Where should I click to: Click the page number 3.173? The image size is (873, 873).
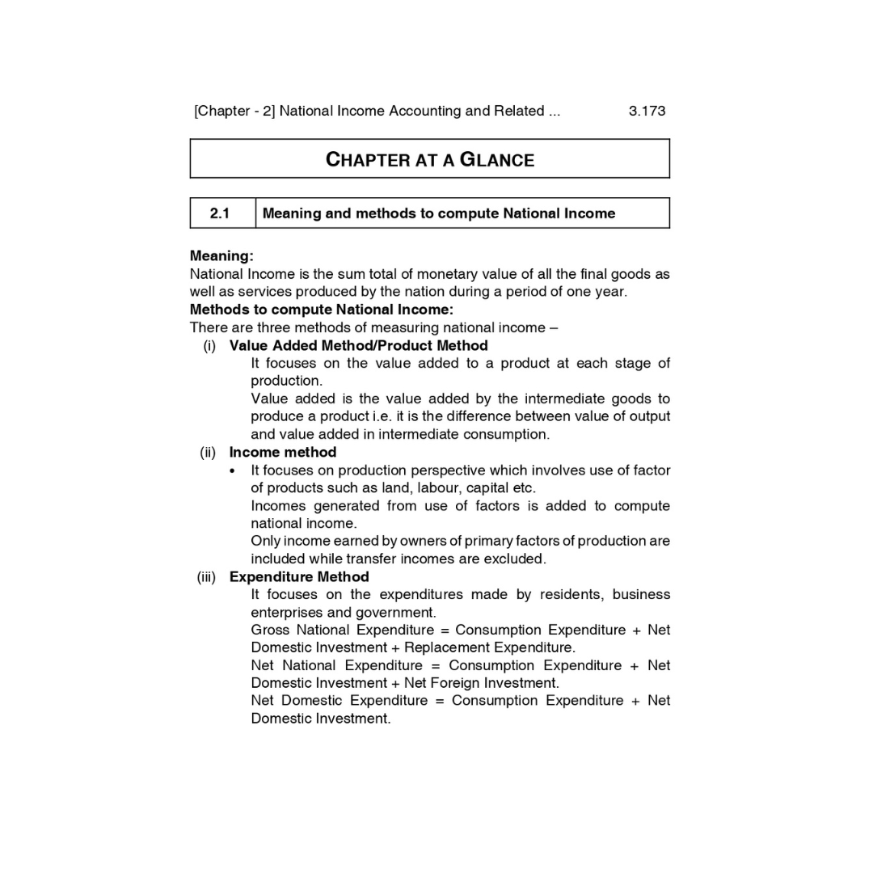click(x=647, y=111)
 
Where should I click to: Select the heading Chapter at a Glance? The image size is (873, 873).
click(x=429, y=159)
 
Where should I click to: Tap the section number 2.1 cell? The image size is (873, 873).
click(x=220, y=213)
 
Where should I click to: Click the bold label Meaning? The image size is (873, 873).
click(x=221, y=256)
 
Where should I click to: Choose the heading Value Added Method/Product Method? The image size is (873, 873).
click(x=358, y=345)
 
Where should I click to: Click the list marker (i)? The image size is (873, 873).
click(x=210, y=345)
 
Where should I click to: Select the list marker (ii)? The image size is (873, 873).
click(x=208, y=452)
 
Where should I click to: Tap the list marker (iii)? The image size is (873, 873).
click(x=206, y=576)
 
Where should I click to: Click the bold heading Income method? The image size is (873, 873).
click(x=282, y=452)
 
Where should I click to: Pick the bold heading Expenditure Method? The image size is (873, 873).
click(x=299, y=576)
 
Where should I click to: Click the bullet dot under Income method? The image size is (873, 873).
click(x=233, y=470)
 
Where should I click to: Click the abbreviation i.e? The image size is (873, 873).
click(x=377, y=416)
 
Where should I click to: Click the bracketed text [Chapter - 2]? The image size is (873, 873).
click(x=234, y=111)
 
